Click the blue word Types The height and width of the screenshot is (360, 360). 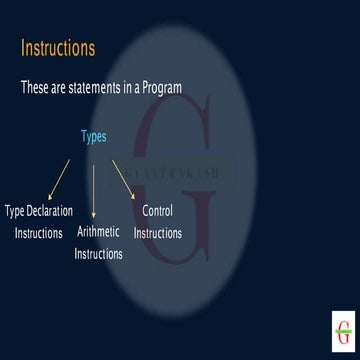pos(93,136)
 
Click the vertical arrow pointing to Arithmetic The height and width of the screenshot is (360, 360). pos(94,190)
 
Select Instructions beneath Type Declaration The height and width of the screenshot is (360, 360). pos(38,233)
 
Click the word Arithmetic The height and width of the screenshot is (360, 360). pos(98,232)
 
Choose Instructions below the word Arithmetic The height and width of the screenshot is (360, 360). pos(98,253)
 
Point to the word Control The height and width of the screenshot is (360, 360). pos(158,211)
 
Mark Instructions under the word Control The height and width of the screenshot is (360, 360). pos(158,233)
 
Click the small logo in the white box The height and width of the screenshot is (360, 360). pos(343,331)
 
